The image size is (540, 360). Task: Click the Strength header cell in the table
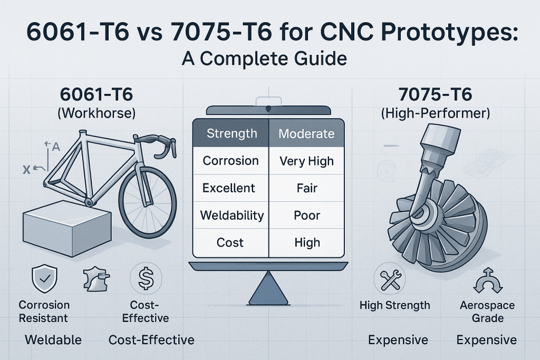point(232,133)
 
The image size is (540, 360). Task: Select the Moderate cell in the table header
point(306,133)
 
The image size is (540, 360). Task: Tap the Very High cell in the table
point(306,161)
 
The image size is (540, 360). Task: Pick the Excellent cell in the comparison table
point(229,188)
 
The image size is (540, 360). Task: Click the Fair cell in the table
point(306,188)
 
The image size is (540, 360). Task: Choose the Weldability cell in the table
point(232,215)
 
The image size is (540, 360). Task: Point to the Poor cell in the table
point(306,215)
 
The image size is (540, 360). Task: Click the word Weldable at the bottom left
point(53,339)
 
